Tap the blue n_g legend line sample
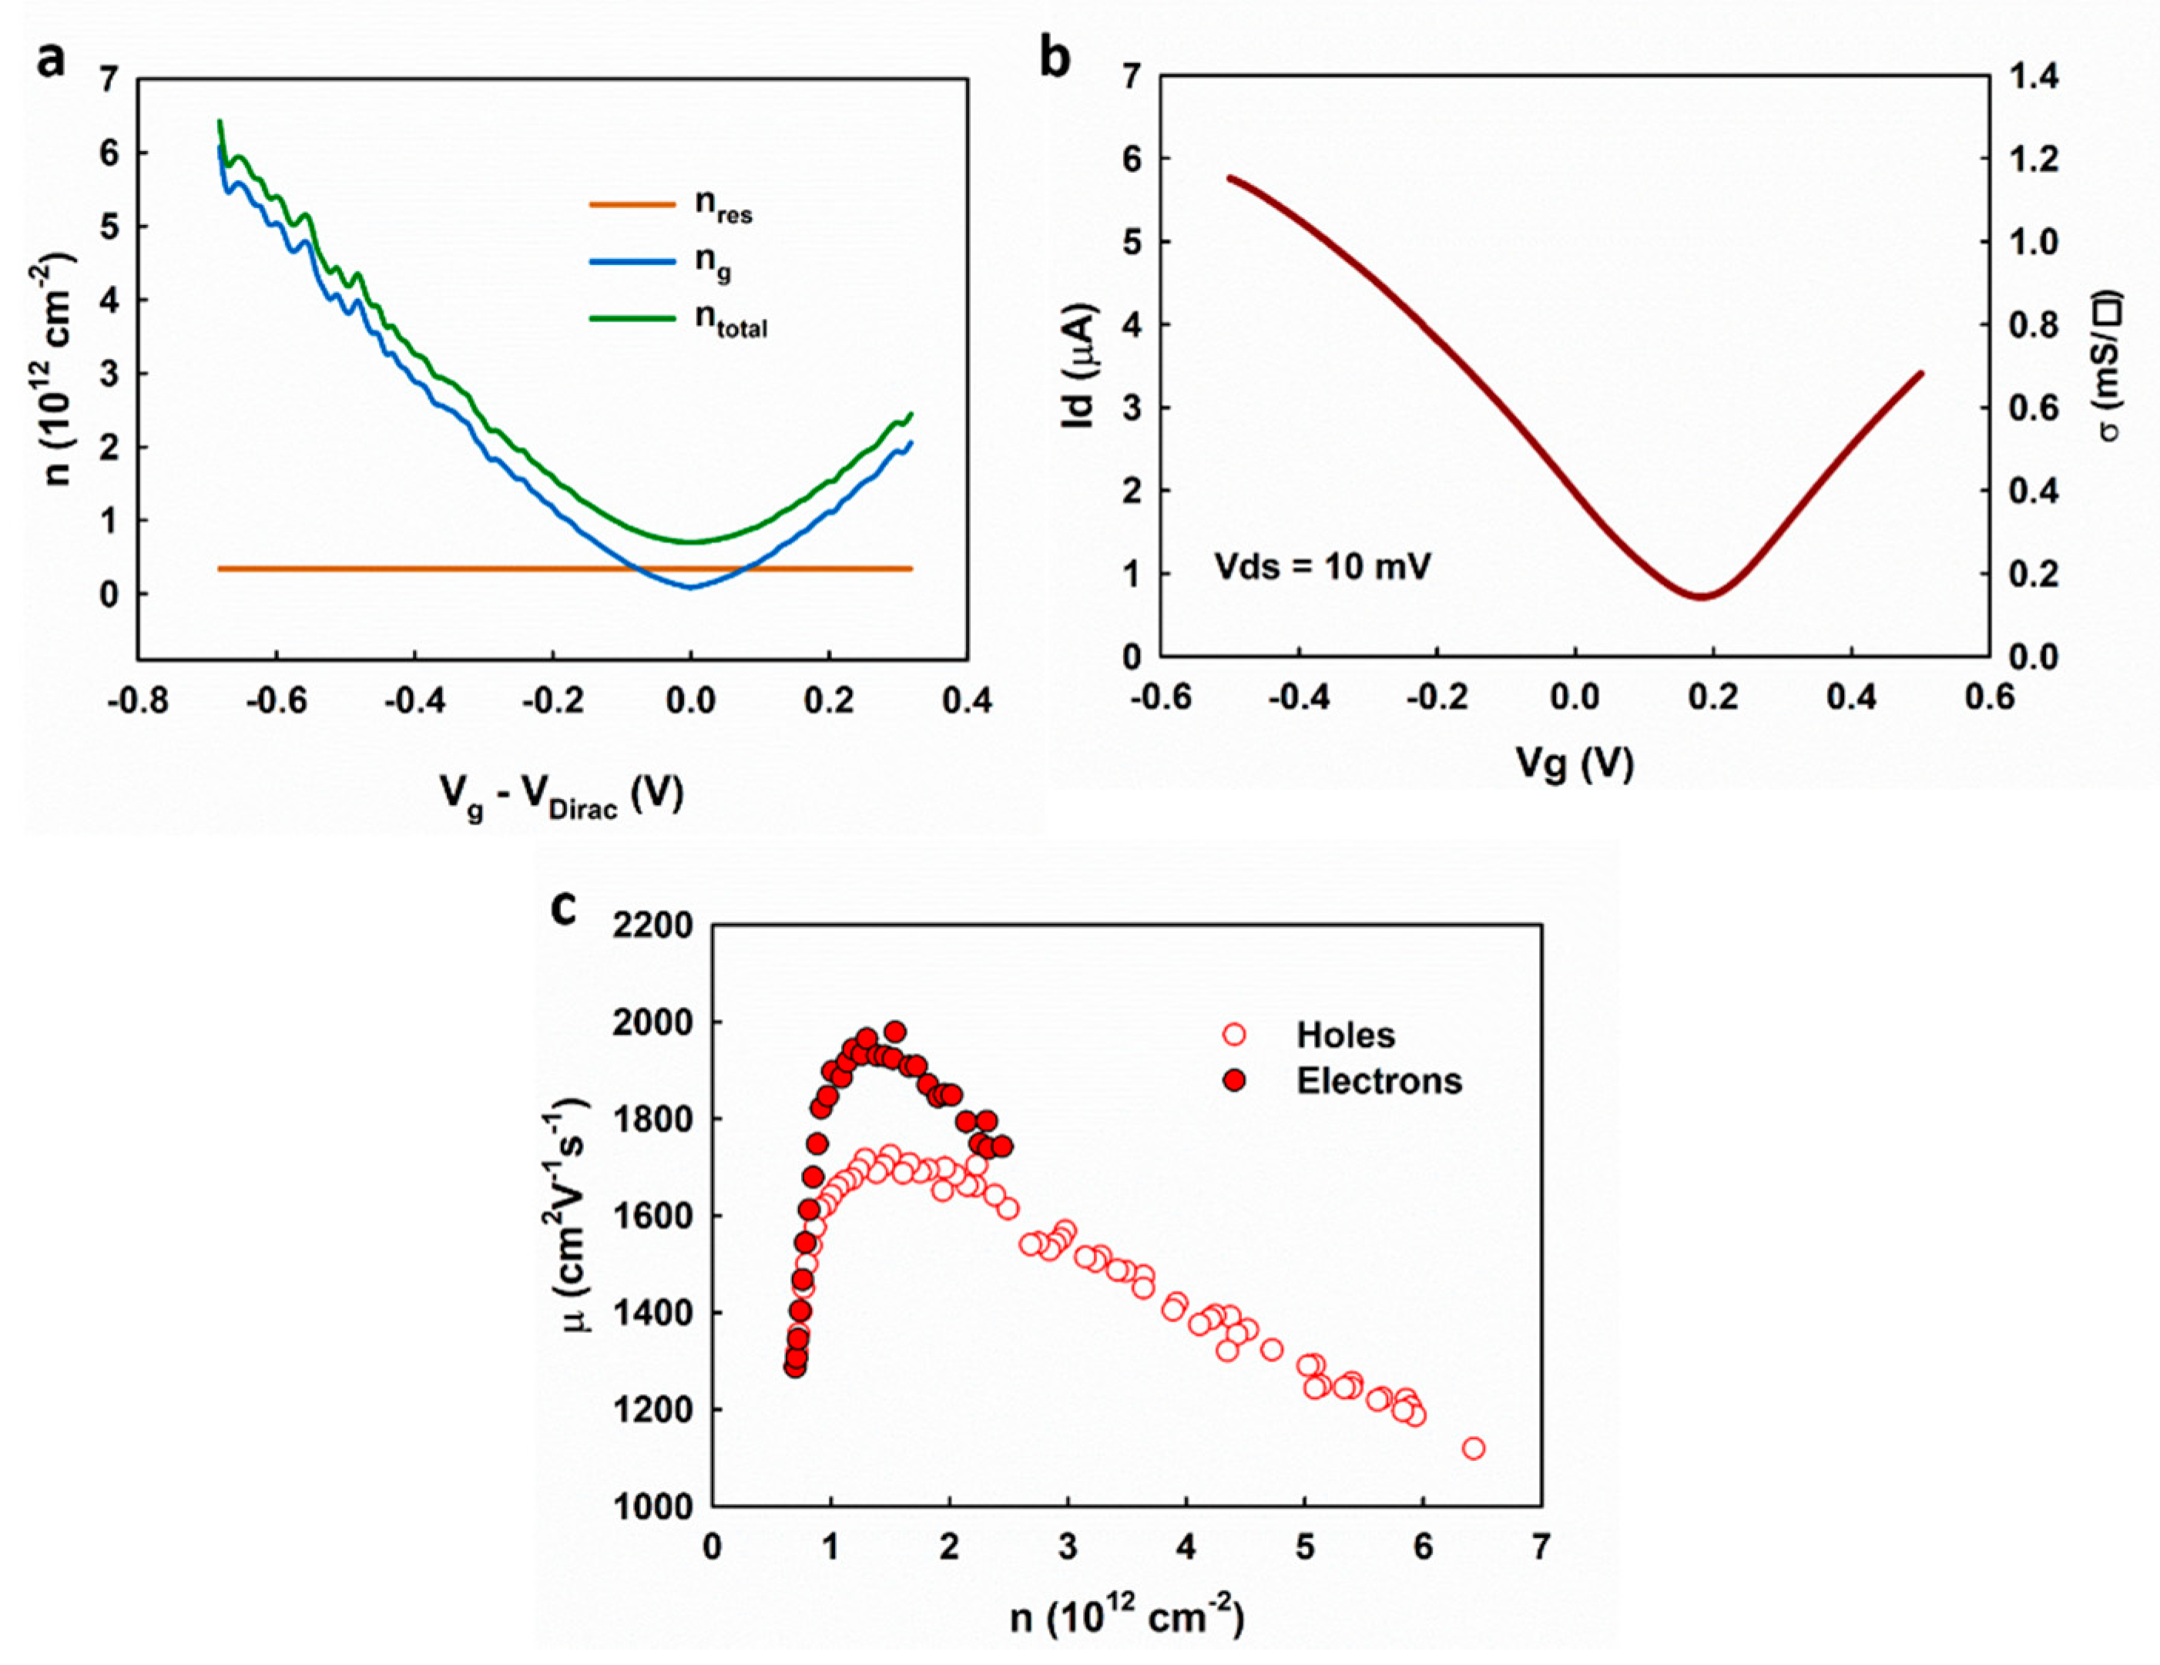[631, 262]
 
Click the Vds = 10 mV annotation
[1323, 567]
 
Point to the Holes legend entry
[1345, 1035]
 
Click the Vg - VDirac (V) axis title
[562, 794]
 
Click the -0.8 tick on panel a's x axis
[137, 701]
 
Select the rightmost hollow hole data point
[1474, 1448]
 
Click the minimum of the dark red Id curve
[1700, 596]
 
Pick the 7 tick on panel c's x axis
[1541, 1547]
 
